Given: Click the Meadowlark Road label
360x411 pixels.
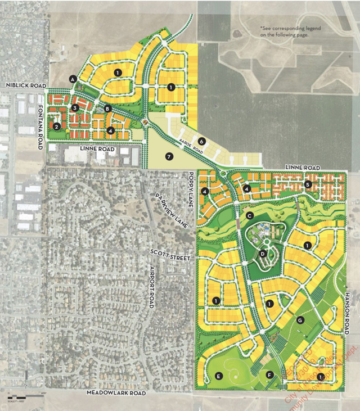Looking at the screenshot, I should (116, 393).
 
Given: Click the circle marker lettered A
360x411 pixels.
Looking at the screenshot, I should (73, 79).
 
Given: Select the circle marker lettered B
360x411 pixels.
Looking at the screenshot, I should (107, 109).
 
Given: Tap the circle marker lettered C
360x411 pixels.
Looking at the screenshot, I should (250, 215).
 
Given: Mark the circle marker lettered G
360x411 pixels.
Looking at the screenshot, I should (300, 320).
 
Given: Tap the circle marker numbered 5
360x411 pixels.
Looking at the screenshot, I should (308, 184).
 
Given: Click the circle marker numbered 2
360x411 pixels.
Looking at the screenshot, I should (57, 126).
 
